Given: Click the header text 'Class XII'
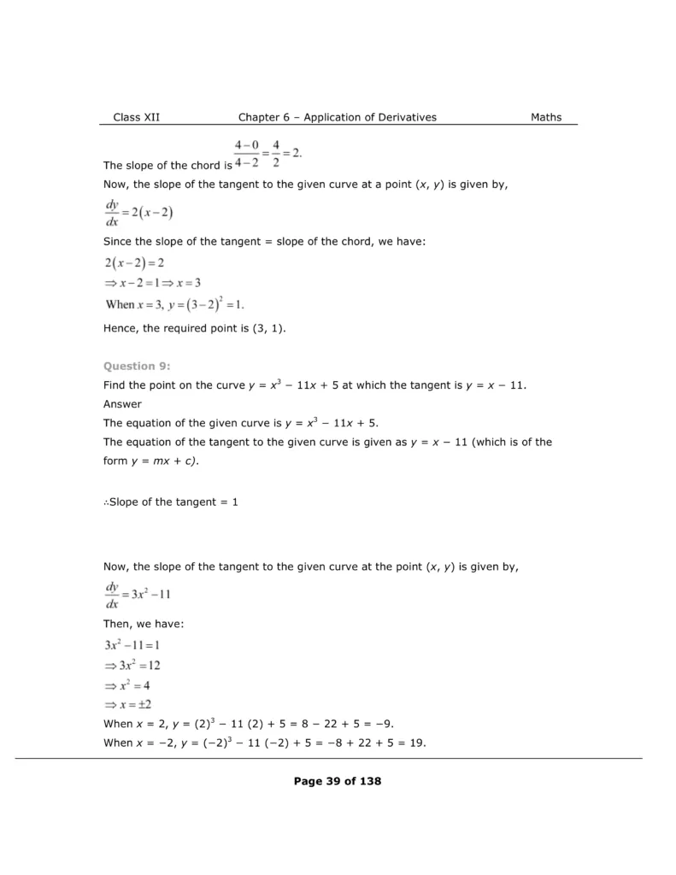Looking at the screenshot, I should tap(136, 117).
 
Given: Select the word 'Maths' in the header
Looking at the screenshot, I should tap(546, 117).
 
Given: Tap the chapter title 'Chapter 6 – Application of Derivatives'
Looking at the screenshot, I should tap(337, 117).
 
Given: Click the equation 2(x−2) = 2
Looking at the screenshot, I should tap(134, 263).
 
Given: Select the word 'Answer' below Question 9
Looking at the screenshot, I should tap(122, 403).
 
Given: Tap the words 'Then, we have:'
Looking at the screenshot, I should tap(143, 624).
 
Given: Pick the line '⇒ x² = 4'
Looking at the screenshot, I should tap(127, 685).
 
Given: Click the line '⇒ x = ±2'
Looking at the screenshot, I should tap(128, 705).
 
